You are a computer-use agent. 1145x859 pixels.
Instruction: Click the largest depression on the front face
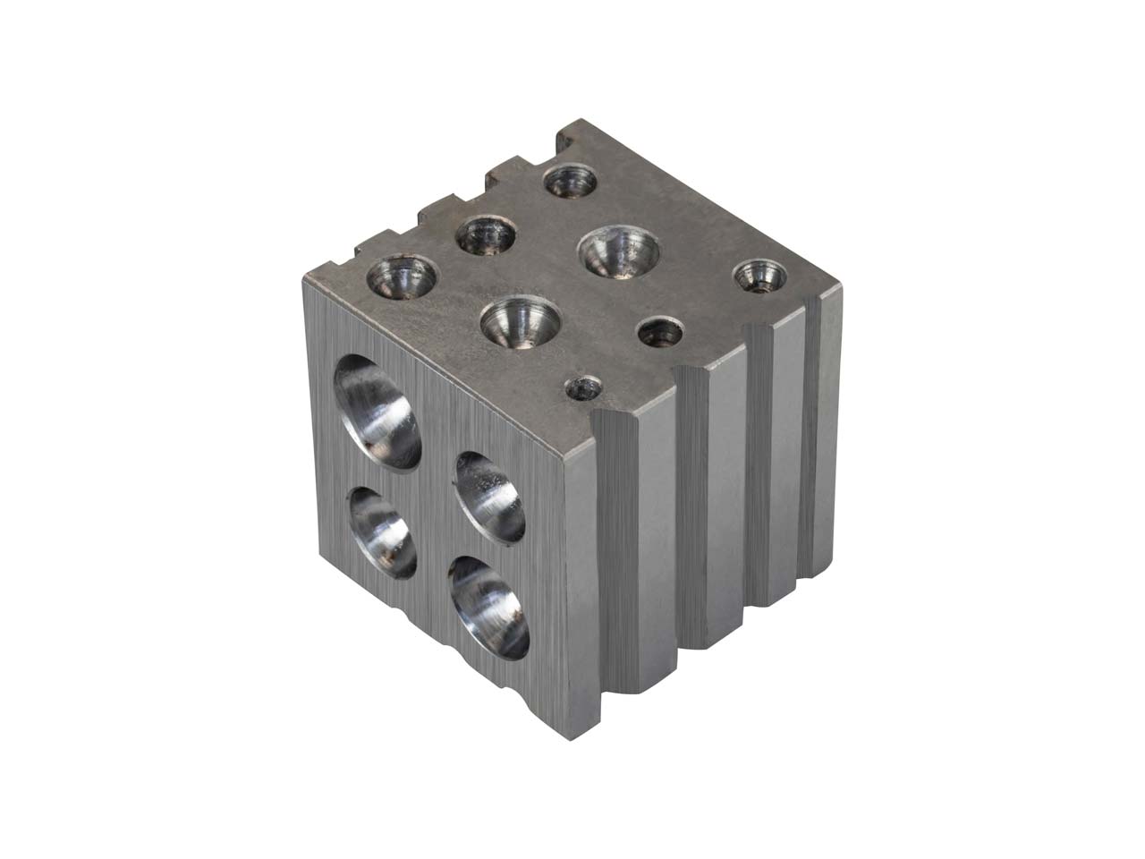click(x=378, y=411)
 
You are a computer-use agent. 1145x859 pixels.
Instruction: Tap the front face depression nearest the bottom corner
click(x=488, y=606)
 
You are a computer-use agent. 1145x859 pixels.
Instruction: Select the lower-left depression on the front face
click(x=382, y=533)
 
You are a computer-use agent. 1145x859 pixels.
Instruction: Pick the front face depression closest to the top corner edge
click(x=489, y=497)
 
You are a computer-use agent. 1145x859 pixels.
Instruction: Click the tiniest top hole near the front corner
click(x=586, y=388)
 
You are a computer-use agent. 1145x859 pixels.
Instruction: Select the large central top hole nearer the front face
click(x=520, y=321)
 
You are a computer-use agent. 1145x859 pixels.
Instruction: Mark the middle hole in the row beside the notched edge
click(x=486, y=236)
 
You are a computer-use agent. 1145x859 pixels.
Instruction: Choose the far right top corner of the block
click(x=841, y=286)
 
